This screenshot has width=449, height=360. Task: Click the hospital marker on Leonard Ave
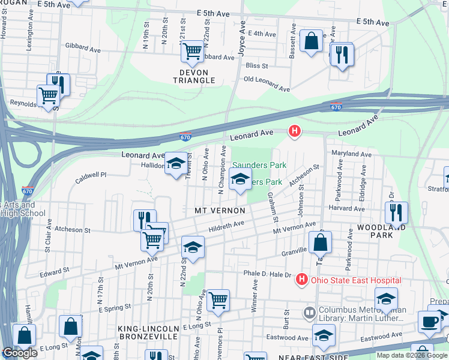pyautogui.click(x=294, y=130)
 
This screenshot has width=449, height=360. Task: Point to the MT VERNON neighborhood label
pyautogui.click(x=220, y=211)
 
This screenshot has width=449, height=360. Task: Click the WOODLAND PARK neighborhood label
pyautogui.click(x=382, y=232)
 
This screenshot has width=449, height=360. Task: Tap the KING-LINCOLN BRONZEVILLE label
pyautogui.click(x=148, y=332)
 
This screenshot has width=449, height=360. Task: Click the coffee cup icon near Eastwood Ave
pyautogui.click(x=429, y=320)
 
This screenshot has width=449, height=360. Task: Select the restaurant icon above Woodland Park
pyautogui.click(x=396, y=212)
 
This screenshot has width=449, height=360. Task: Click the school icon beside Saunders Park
pyautogui.click(x=240, y=179)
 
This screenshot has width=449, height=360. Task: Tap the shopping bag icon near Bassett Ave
pyautogui.click(x=311, y=42)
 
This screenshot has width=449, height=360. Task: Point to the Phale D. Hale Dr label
pyautogui.click(x=267, y=274)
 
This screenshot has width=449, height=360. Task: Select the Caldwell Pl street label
pyautogui.click(x=90, y=176)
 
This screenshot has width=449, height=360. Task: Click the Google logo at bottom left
pyautogui.click(x=19, y=353)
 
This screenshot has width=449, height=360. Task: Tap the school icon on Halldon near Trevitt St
pyautogui.click(x=176, y=164)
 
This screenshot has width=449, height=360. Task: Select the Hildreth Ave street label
pyautogui.click(x=226, y=226)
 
